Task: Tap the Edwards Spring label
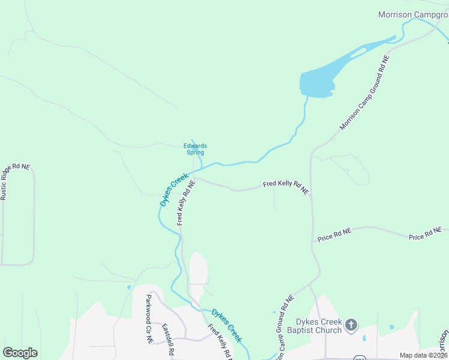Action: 195,149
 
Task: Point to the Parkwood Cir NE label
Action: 149,318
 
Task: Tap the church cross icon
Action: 351,326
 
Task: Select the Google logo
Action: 20,353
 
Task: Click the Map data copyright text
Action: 424,355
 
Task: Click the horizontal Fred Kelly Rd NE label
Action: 286,187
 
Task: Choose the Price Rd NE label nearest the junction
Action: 334,234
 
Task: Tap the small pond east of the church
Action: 391,328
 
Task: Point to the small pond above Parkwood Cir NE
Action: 129,287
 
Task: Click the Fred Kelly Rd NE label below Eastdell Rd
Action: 219,341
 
